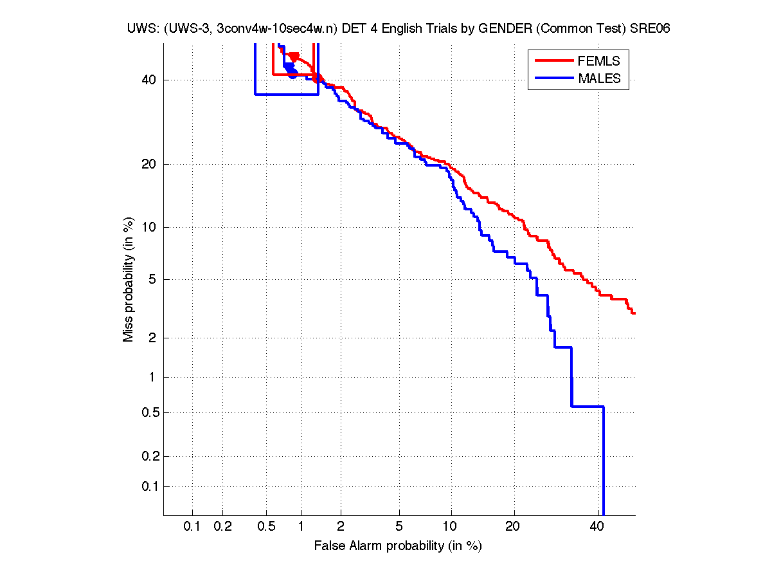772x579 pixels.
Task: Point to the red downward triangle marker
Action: [x=294, y=57]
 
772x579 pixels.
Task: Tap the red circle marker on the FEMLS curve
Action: [x=316, y=78]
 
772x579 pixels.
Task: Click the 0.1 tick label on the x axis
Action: [x=192, y=526]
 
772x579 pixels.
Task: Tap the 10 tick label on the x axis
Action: [x=451, y=526]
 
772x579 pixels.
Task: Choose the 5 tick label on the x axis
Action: [x=399, y=526]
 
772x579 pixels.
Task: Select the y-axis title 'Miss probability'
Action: [x=129, y=280]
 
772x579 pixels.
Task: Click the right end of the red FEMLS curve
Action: [x=634, y=313]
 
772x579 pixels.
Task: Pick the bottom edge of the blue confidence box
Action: [x=287, y=95]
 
